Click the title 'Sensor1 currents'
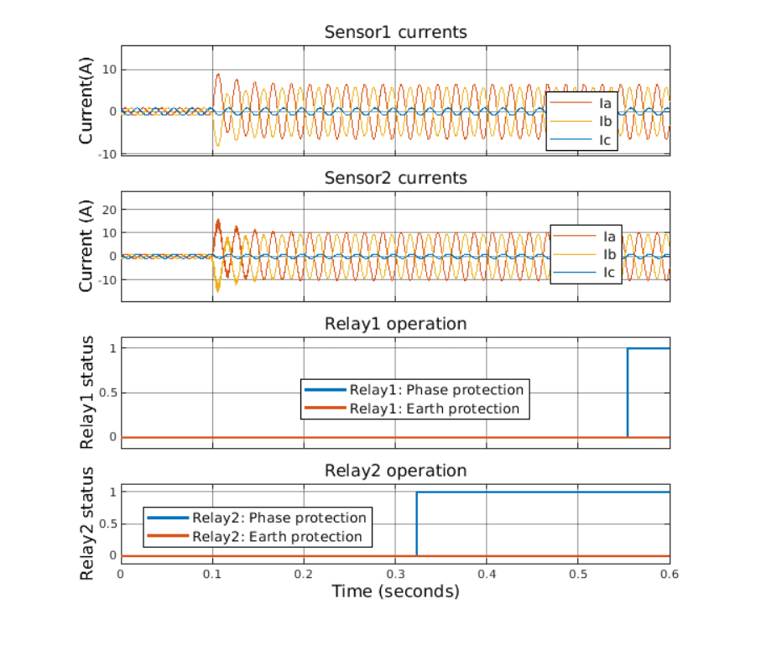pyautogui.click(x=395, y=33)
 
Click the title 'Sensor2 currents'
pyautogui.click(x=395, y=179)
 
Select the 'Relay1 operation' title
pyautogui.click(x=395, y=324)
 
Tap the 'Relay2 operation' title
pyautogui.click(x=395, y=470)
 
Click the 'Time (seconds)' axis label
pyautogui.click(x=395, y=591)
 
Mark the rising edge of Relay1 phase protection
pyautogui.click(x=628, y=393)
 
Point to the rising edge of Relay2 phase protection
pyautogui.click(x=417, y=523)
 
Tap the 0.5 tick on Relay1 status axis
pyautogui.click(x=106, y=393)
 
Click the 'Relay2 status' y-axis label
pyautogui.click(x=87, y=524)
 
